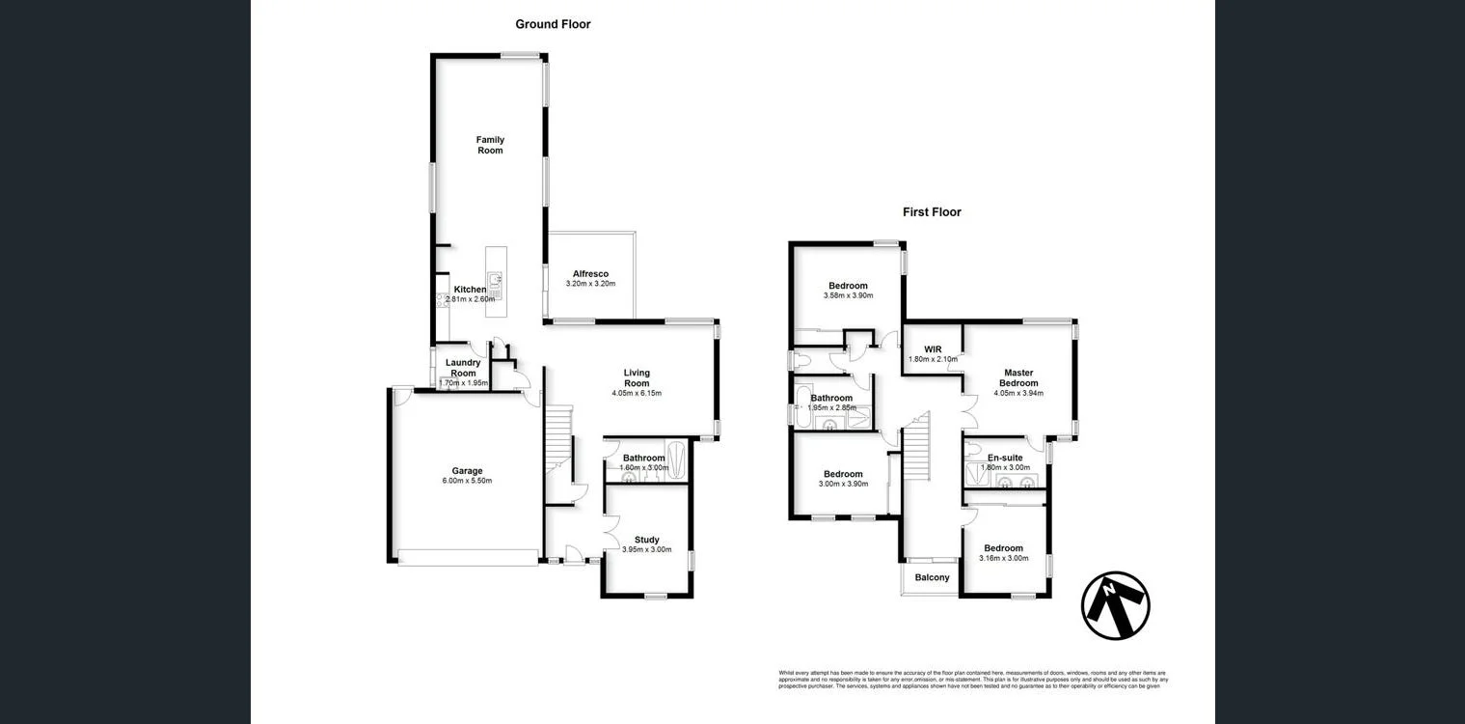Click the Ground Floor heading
coord(553,24)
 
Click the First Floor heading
coord(932,212)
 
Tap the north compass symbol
coord(1115,606)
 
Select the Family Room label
coord(490,145)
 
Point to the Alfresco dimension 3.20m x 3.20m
coord(590,284)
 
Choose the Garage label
coord(467,471)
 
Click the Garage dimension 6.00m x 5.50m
coord(467,481)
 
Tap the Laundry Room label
coord(464,368)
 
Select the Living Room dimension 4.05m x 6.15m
coord(637,393)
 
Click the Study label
coord(647,540)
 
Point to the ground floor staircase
coord(558,439)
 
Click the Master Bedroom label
coord(1018,377)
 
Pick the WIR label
coord(933,349)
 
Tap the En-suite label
coord(1005,458)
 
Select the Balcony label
coord(932,577)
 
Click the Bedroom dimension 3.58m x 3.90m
coord(848,295)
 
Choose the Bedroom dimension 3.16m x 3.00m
coord(1004,558)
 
